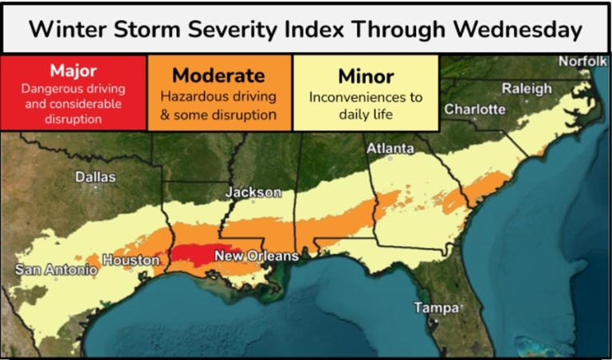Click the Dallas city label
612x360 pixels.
(x=95, y=177)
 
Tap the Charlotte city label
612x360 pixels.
(x=475, y=109)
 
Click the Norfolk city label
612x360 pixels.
(x=583, y=61)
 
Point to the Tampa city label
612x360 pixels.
(x=436, y=307)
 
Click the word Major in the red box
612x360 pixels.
(x=73, y=71)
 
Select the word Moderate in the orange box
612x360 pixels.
(x=218, y=76)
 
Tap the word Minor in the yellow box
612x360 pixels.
(x=366, y=76)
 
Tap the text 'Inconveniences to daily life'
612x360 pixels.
(x=366, y=107)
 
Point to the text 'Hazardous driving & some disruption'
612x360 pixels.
(x=218, y=106)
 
